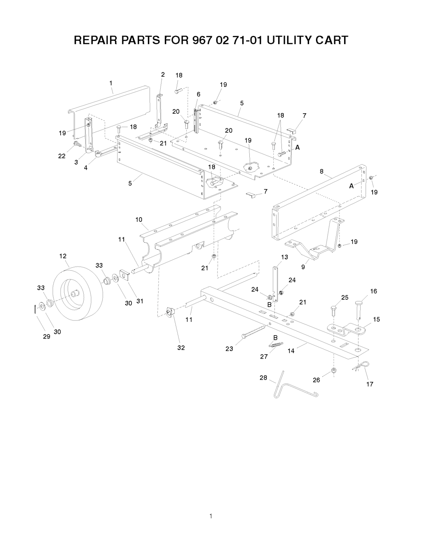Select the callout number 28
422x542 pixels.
click(263, 378)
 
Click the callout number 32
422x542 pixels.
click(181, 348)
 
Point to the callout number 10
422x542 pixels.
click(139, 220)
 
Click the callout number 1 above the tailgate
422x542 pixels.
click(111, 83)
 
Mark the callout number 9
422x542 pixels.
click(303, 267)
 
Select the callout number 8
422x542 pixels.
click(321, 171)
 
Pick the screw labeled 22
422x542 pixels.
click(76, 144)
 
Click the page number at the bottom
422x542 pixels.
click(211, 516)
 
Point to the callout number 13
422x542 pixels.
click(284, 257)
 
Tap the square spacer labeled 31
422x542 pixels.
click(124, 274)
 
